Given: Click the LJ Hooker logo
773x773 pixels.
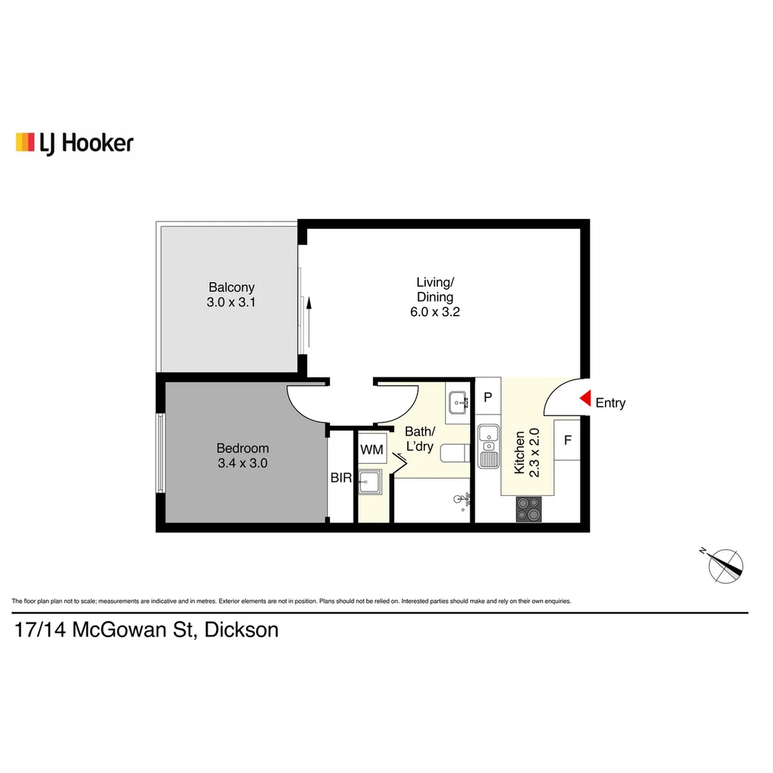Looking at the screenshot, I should (74, 142).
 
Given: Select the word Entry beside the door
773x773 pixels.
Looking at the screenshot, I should (611, 403).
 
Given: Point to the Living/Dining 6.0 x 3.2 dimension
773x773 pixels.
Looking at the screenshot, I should (434, 311).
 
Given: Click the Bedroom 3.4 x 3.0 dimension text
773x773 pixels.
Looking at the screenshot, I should (242, 463).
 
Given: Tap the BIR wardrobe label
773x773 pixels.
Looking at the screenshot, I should (341, 478).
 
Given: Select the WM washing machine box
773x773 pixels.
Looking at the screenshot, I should (371, 449).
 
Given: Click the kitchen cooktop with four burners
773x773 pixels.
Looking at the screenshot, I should (529, 509).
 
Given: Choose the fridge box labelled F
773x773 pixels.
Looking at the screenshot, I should (568, 440).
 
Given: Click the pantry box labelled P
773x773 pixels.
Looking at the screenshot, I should (487, 398).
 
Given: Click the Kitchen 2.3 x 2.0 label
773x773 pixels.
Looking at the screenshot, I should (526, 452).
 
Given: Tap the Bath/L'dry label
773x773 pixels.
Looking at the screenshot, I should (419, 439).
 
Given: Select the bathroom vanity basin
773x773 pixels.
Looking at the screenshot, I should (457, 403).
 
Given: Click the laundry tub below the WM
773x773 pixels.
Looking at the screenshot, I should (371, 483).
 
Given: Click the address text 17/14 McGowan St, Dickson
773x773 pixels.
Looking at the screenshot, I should (147, 631).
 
